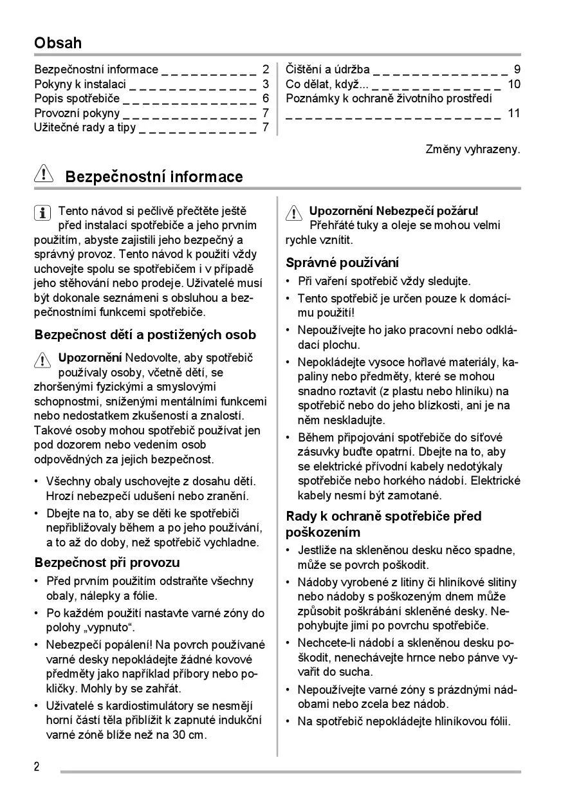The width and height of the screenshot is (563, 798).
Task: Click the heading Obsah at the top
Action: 58,43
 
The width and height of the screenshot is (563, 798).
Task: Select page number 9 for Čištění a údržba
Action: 517,70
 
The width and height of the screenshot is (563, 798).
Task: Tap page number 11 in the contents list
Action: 513,113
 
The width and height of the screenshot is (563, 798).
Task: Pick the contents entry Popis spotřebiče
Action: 77,98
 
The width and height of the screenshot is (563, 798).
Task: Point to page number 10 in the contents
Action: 513,84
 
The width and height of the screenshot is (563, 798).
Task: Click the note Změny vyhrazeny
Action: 473,149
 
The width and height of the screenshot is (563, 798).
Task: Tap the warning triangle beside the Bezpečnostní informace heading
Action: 43,176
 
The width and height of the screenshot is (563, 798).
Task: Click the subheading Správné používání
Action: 342,263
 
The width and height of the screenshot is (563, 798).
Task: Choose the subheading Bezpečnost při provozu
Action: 107,562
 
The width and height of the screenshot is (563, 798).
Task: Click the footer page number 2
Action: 37,766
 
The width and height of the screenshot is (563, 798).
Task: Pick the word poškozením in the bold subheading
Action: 322,532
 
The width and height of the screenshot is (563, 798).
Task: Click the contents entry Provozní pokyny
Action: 77,113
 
